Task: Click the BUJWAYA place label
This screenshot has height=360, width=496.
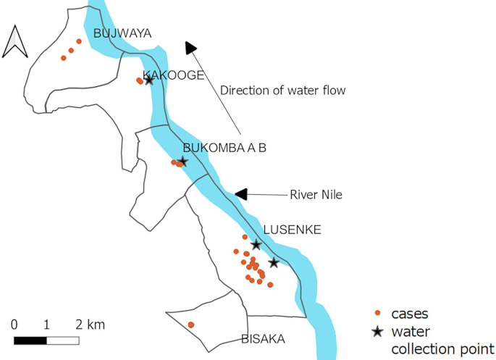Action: click(122, 33)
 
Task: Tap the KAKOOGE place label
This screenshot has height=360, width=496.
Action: click(174, 75)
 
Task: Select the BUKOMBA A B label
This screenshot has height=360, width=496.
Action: click(224, 148)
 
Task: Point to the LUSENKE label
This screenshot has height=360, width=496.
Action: click(292, 230)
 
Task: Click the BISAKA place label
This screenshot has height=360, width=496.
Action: click(263, 339)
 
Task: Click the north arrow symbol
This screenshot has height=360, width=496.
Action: click(15, 41)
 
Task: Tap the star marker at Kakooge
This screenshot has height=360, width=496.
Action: click(149, 80)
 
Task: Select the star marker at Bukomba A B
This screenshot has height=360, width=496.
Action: click(182, 162)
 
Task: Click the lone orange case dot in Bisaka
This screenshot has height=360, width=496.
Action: click(191, 325)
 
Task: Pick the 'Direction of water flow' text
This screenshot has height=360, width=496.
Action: click(283, 91)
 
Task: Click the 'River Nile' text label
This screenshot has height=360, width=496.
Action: click(316, 194)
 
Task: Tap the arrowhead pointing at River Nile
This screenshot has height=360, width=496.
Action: click(241, 194)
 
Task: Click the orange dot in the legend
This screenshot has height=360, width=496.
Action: click(377, 313)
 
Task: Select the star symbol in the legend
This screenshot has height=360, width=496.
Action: click(377, 332)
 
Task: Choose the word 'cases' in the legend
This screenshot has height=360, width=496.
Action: click(410, 314)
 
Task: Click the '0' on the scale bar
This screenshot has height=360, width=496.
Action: click(14, 323)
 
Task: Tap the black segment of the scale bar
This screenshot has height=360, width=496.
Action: click(30, 340)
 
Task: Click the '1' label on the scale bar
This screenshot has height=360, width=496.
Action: click(46, 323)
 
